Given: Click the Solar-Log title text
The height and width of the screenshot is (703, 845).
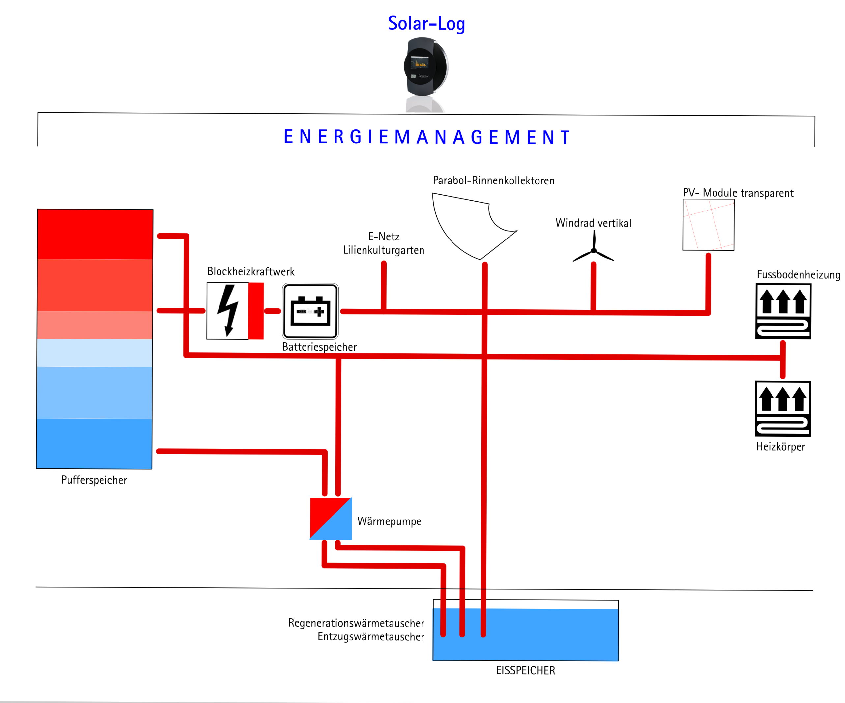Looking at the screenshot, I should (x=426, y=23).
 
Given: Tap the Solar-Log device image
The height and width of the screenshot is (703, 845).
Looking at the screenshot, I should (x=426, y=66).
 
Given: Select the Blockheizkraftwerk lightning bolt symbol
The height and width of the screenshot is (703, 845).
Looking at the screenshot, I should (x=228, y=310).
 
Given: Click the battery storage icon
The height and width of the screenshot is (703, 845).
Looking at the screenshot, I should (x=310, y=311).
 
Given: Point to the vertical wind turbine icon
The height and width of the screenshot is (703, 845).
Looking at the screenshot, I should (x=594, y=250).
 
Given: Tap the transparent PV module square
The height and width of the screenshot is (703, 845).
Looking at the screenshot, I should (x=708, y=225).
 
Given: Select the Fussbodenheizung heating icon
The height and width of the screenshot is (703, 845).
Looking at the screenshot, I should (x=783, y=311).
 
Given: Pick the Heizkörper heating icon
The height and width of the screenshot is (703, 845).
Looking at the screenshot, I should (x=783, y=408).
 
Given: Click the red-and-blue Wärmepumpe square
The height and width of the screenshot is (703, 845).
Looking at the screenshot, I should (x=331, y=519).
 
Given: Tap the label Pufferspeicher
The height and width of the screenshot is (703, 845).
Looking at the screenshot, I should (x=94, y=480).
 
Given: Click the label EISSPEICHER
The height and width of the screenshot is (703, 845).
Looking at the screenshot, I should (x=525, y=670).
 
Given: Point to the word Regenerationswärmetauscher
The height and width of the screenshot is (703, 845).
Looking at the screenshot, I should (x=356, y=623).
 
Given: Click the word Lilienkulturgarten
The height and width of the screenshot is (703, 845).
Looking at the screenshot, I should (x=384, y=250).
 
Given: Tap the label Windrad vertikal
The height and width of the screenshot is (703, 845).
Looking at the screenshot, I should (x=593, y=223).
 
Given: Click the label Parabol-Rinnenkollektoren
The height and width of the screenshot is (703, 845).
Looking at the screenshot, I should (x=493, y=181).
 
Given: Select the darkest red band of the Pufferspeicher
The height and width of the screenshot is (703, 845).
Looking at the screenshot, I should (x=95, y=234).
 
